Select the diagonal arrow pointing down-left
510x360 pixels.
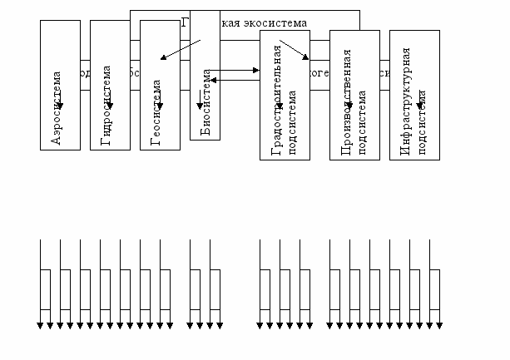click(x=181, y=50)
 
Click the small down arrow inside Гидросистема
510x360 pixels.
click(x=110, y=106)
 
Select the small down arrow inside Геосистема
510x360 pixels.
click(x=160, y=106)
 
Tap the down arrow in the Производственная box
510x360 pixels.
click(x=349, y=106)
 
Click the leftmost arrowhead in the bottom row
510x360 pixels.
click(x=40, y=325)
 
